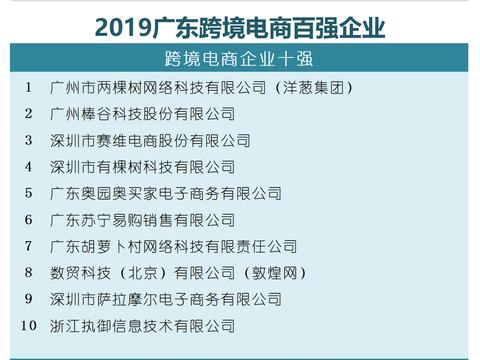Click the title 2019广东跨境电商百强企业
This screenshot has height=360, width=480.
click(240, 23)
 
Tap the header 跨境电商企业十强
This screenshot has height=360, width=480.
click(240, 56)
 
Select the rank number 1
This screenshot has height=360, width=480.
click(30, 87)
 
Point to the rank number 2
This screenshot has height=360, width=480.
click(30, 113)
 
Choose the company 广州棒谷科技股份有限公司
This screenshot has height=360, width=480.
click(143, 114)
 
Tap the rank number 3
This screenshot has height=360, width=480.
click(30, 140)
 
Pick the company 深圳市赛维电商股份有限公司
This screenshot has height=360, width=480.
click(150, 140)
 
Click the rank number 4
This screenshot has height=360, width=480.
click(30, 166)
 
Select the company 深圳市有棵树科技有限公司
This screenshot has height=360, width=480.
click(143, 167)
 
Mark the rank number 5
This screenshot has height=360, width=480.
click(30, 193)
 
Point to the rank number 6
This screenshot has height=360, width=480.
click(30, 219)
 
